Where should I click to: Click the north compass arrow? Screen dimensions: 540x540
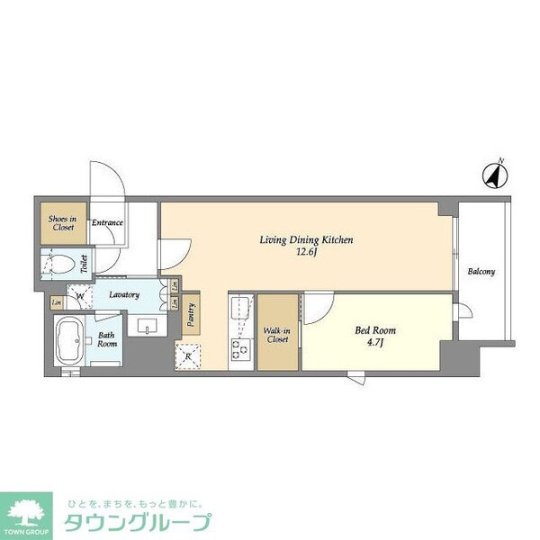tap(494, 175)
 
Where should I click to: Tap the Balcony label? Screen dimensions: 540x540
tap(480, 272)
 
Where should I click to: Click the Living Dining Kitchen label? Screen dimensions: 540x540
tap(305, 240)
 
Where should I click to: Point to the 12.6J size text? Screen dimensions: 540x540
tap(305, 253)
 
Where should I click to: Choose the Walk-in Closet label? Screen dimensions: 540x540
tap(276, 336)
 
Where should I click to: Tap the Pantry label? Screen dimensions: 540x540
tap(191, 312)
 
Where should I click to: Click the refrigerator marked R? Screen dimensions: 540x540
tap(188, 355)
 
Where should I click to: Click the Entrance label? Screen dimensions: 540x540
tap(107, 223)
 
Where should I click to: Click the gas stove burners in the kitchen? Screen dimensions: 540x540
tap(239, 347)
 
